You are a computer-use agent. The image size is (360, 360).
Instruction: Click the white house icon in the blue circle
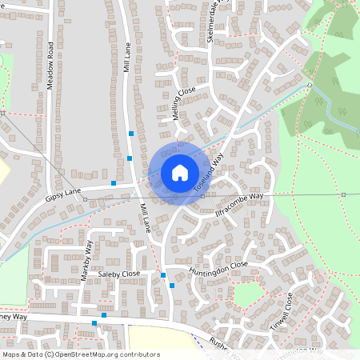[179, 172]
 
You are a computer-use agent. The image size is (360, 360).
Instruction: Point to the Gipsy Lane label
[64, 194]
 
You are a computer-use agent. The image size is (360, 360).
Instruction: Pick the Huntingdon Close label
[218, 268]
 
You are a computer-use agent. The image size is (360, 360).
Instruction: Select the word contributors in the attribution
[139, 354]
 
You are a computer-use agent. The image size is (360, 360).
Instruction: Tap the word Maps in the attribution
[11, 354]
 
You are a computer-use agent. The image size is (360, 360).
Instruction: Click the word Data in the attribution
[34, 354]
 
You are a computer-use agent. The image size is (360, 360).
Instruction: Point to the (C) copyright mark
[50, 354]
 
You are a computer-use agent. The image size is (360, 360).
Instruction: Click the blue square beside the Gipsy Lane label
[114, 183]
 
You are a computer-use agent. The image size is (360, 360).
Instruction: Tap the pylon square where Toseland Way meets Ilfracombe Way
[202, 196]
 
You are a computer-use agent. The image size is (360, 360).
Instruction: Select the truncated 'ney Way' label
[14, 317]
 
